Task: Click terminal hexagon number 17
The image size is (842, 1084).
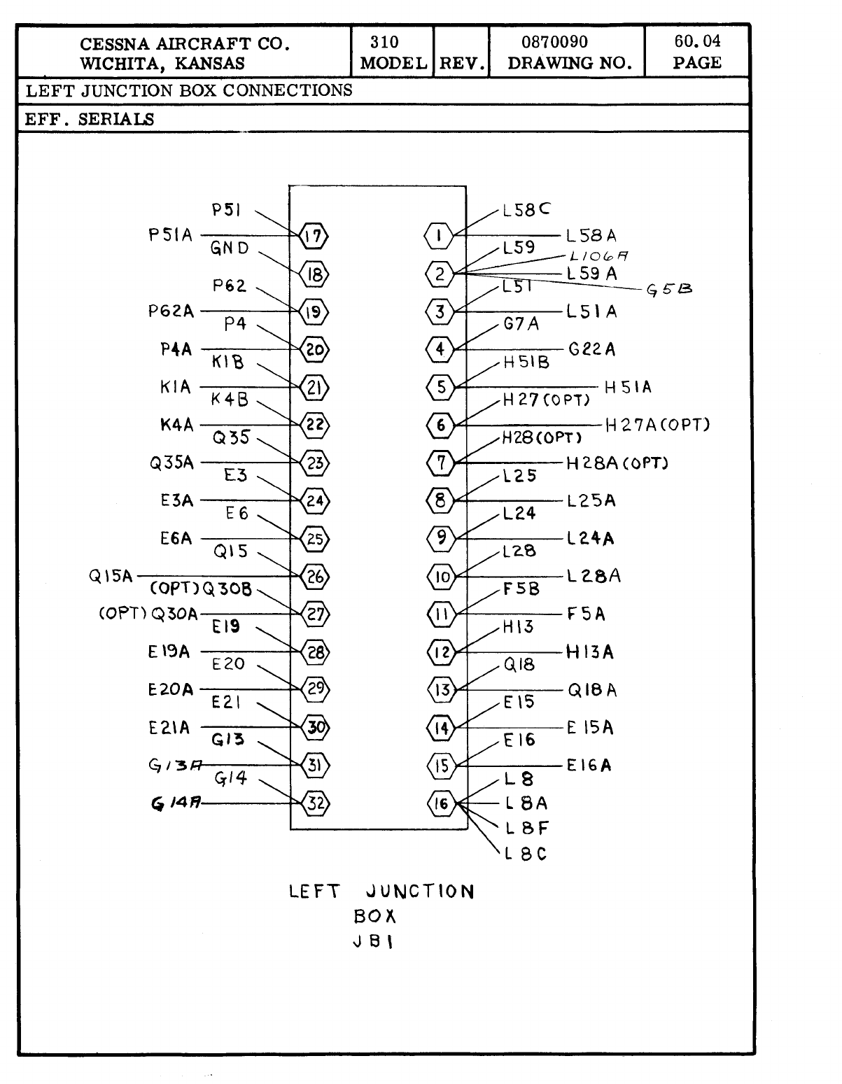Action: point(314,236)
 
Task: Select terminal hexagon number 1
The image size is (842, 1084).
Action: point(439,235)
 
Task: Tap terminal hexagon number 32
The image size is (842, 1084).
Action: point(316,803)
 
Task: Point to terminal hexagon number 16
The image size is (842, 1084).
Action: point(441,803)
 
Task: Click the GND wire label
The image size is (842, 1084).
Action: point(230,248)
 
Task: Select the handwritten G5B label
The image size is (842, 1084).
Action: point(670,290)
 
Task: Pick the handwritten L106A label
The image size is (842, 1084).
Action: point(598,256)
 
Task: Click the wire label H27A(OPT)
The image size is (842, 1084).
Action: point(657,425)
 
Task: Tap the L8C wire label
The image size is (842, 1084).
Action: point(526,854)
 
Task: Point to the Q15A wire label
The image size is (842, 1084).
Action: point(111,577)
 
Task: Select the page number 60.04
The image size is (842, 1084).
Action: point(697,41)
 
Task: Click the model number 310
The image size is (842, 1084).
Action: point(384,42)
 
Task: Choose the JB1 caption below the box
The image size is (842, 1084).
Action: point(373,941)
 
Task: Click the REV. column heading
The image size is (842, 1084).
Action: point(462,64)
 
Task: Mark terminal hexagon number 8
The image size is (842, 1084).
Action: point(440,500)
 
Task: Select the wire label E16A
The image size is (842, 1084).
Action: point(589,765)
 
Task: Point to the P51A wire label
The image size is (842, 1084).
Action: point(170,235)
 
